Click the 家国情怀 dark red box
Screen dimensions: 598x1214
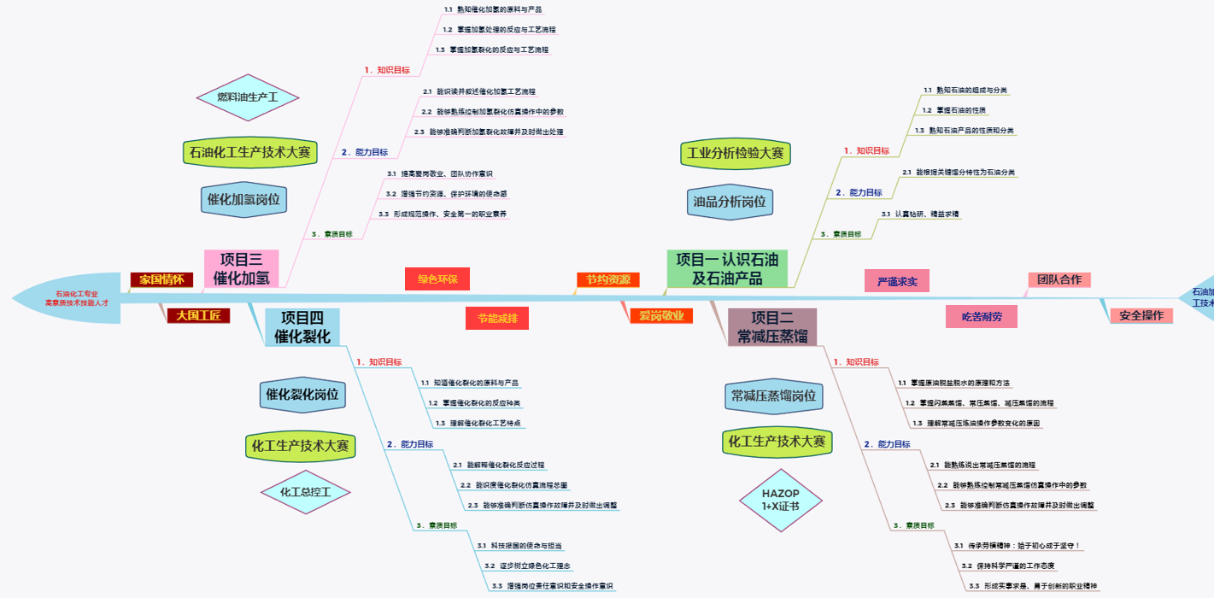coord(161,279)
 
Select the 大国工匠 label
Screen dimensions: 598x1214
coord(198,315)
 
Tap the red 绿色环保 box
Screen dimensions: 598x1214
coord(437,278)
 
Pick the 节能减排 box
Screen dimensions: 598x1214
coord(497,318)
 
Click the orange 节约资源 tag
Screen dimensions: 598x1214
coord(607,279)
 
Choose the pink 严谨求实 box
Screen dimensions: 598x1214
coord(896,281)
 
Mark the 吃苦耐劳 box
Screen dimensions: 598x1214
coord(982,316)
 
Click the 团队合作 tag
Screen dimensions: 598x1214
coord(1059,279)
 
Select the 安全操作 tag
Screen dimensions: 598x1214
coord(1141,315)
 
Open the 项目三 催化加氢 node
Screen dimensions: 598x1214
coord(241,268)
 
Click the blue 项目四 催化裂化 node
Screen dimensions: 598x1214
coord(302,327)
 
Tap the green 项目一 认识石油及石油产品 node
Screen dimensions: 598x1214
coord(726,268)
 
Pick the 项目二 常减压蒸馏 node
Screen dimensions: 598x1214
coord(771,327)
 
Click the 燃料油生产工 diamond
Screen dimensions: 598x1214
coord(247,97)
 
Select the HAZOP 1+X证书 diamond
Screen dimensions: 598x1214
coord(780,500)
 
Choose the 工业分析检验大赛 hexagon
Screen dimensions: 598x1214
coord(735,154)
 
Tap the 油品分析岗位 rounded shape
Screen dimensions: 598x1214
coord(730,202)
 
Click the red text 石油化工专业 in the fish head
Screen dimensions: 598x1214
coord(77,294)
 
